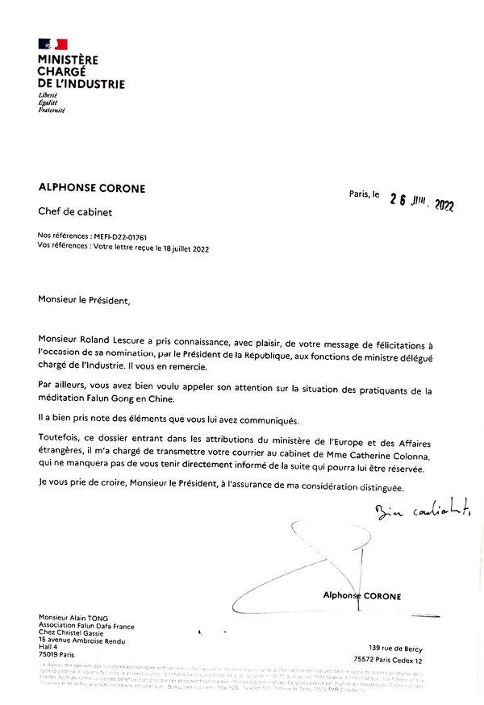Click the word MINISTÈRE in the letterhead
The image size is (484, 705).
click(x=68, y=60)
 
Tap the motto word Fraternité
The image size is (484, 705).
click(x=52, y=110)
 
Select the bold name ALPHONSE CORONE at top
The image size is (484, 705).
click(x=92, y=188)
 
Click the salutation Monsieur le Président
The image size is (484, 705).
click(x=83, y=301)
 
